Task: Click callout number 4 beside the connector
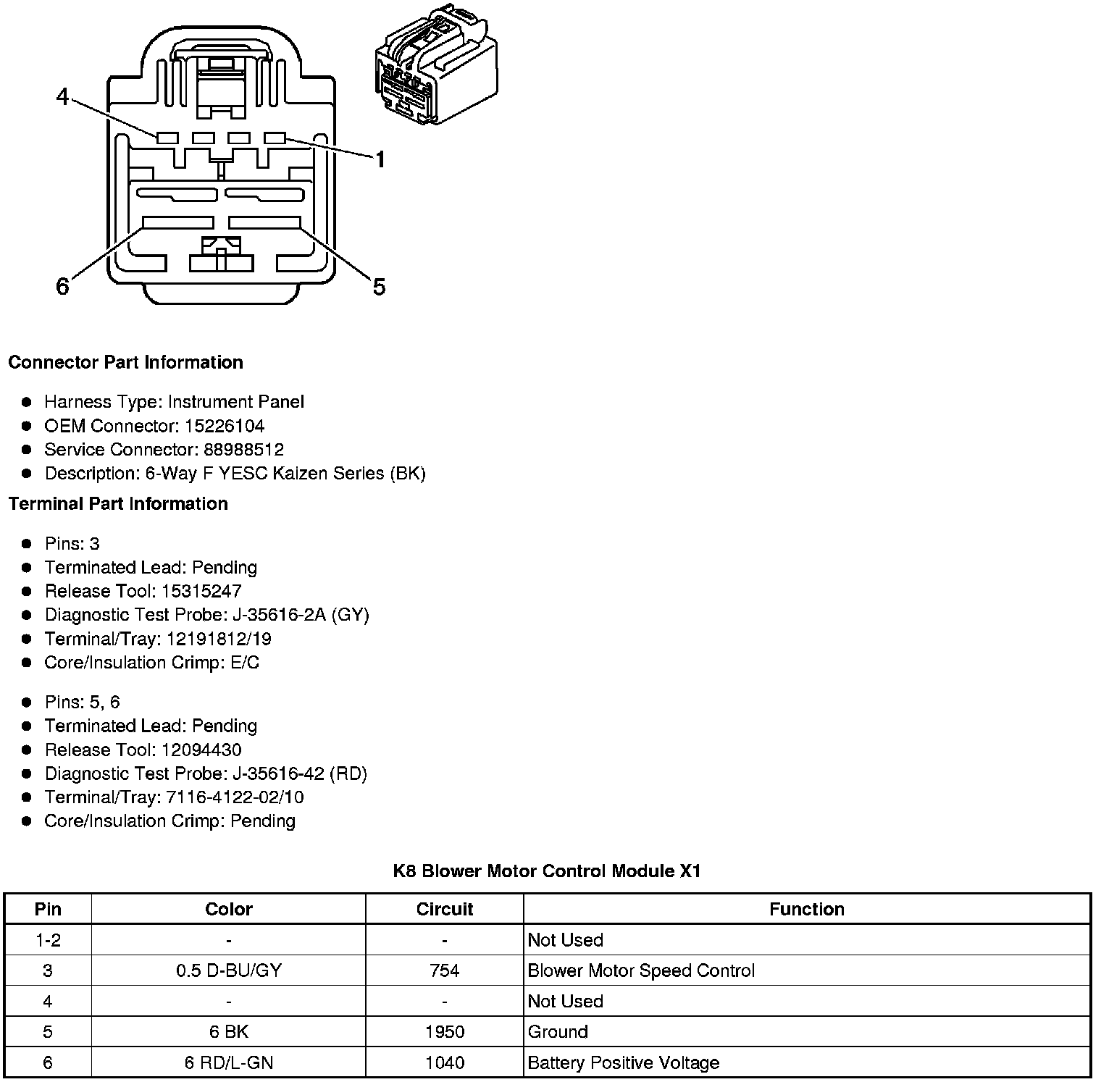click(x=63, y=96)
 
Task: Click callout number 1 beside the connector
click(x=379, y=159)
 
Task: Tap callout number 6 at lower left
click(x=63, y=287)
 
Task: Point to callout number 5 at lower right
click(x=379, y=287)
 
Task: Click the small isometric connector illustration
click(x=436, y=67)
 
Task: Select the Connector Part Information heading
click(x=125, y=362)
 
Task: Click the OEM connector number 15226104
click(x=224, y=426)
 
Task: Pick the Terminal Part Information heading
click(x=118, y=503)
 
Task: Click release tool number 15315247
click(x=201, y=591)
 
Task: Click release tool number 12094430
click(x=201, y=750)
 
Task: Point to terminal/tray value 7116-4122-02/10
click(x=235, y=797)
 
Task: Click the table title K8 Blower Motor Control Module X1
click(x=547, y=871)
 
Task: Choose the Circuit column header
click(x=444, y=909)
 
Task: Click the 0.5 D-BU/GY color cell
click(x=228, y=970)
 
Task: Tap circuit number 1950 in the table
click(x=444, y=1032)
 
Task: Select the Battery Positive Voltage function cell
click(x=624, y=1063)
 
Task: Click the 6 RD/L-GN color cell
click(x=228, y=1063)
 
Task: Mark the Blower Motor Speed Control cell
click(x=641, y=970)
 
